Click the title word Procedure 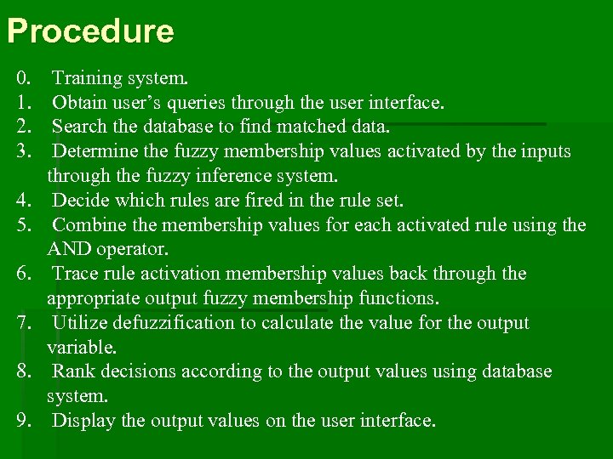pyautogui.click(x=90, y=32)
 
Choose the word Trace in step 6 pyautogui.click(x=77, y=274)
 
